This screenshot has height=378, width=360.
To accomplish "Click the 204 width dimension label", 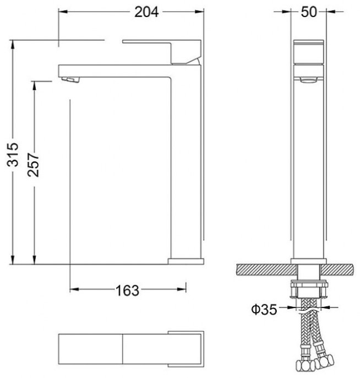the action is pyautogui.click(x=146, y=12).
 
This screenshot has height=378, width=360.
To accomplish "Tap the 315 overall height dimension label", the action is pyautogui.click(x=13, y=154).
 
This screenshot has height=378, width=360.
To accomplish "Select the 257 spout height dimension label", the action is pyautogui.click(x=33, y=165).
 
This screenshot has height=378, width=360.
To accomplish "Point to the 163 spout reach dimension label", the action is pyautogui.click(x=127, y=290).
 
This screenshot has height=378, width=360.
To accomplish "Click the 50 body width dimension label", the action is pyautogui.click(x=309, y=12).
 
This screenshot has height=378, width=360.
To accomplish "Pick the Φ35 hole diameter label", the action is pyautogui.click(x=264, y=309).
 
